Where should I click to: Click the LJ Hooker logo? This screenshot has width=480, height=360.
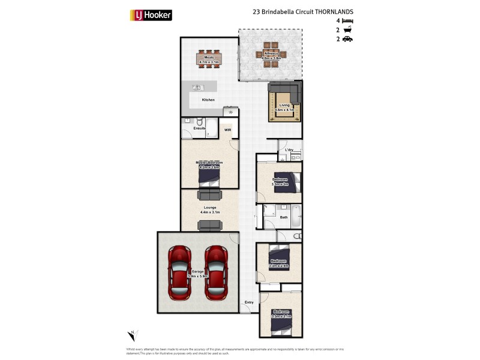(x=151, y=15)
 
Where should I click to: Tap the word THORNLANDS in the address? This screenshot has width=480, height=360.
(x=332, y=11)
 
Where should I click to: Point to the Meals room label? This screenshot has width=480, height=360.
(x=209, y=57)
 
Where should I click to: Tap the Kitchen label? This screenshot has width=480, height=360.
(x=208, y=100)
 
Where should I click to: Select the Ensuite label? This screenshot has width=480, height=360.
(x=199, y=128)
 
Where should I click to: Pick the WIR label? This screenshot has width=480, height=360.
(x=228, y=129)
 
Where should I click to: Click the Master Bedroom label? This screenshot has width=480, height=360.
(x=209, y=163)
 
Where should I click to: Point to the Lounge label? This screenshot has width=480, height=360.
(x=209, y=208)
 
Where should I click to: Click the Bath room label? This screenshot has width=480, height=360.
(x=284, y=217)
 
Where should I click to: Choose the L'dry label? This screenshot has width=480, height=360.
(x=289, y=149)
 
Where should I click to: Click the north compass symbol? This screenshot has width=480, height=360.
(x=133, y=335)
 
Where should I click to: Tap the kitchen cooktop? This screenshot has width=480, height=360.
(x=230, y=112)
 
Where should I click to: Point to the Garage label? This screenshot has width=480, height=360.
(x=198, y=271)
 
